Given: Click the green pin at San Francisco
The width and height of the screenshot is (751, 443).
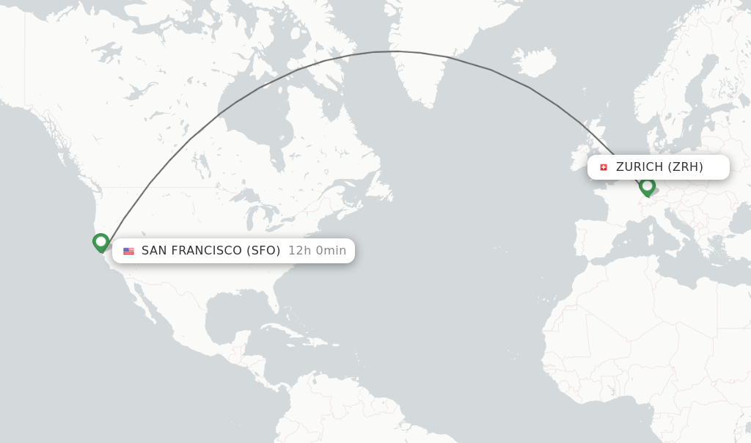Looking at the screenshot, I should [x=101, y=242].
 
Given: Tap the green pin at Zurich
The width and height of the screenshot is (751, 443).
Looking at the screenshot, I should [x=647, y=186].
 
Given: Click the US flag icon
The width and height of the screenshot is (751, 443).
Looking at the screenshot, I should [x=128, y=251].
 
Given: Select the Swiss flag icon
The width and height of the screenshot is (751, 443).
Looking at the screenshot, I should [x=604, y=167].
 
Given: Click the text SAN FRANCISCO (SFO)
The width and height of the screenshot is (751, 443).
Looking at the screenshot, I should [x=210, y=251].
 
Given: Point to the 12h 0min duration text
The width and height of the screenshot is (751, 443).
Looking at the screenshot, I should [x=317, y=251].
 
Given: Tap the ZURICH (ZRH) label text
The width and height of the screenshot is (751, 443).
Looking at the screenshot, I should [x=659, y=167].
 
